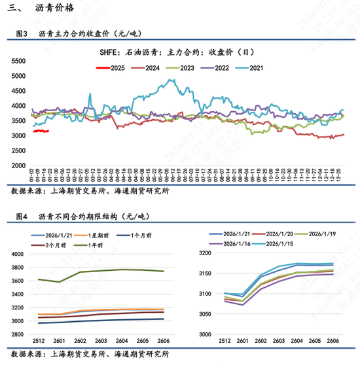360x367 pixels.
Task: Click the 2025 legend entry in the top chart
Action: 113,68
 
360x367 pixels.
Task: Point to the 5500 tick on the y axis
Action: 18,60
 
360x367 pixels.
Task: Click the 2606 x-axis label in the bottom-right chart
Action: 333,341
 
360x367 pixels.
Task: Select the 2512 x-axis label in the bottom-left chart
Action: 39,341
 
